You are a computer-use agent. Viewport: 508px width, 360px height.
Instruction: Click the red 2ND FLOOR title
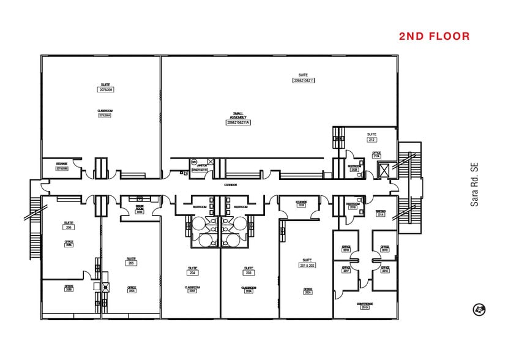click(x=434, y=37)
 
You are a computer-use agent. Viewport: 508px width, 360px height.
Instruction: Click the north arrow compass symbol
click(x=479, y=310)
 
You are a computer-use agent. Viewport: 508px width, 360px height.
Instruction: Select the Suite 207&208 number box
click(x=106, y=90)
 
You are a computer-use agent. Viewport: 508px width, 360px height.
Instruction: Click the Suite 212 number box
click(x=372, y=140)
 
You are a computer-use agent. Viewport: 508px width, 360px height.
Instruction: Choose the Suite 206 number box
click(x=69, y=227)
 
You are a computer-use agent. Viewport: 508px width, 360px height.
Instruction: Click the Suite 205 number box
click(x=131, y=263)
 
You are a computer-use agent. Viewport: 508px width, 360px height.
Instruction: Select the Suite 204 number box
click(x=191, y=272)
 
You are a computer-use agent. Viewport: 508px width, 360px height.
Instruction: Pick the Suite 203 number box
click(x=248, y=272)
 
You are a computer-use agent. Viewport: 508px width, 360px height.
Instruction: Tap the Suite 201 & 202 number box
click(x=307, y=264)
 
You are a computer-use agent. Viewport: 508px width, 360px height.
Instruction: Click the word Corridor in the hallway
click(x=231, y=184)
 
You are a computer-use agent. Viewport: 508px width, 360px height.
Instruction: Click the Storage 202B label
click(x=301, y=203)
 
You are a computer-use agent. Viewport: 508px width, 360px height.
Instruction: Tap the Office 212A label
click(x=376, y=154)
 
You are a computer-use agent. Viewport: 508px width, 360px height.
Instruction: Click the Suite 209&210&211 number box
click(x=304, y=80)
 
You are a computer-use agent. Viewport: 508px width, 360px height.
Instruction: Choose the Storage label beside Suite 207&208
click(x=62, y=166)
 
